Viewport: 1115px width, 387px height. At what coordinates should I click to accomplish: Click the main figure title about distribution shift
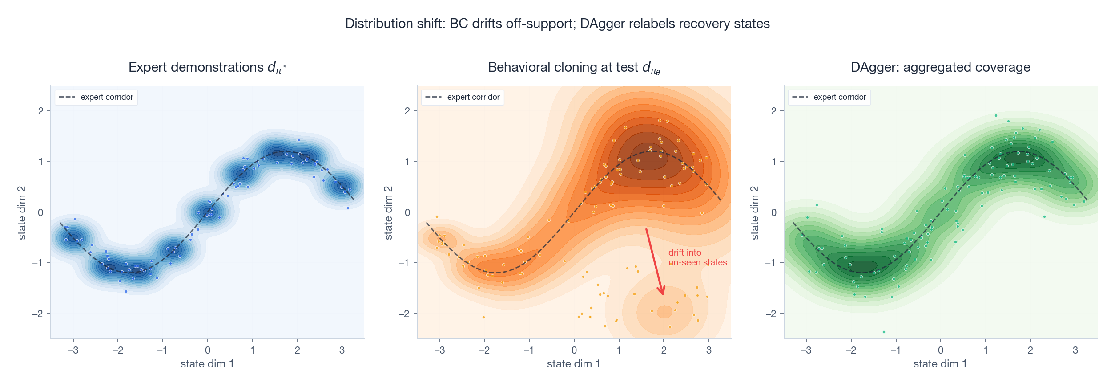(557, 24)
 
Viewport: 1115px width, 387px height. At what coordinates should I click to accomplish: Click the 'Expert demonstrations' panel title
(207, 67)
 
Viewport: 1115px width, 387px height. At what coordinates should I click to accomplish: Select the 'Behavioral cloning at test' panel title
(574, 67)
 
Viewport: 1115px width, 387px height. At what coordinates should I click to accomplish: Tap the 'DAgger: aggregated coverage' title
(940, 67)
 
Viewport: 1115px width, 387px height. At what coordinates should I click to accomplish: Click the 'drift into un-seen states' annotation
(697, 257)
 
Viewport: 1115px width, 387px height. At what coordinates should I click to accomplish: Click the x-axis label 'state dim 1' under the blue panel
(207, 364)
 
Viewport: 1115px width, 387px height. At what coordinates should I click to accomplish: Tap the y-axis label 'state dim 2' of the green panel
(755, 213)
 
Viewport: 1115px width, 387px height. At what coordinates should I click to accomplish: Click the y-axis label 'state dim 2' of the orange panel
(388, 213)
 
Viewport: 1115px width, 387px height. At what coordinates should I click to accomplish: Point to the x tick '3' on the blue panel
(342, 350)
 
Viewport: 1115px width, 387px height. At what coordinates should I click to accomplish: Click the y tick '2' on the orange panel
(407, 111)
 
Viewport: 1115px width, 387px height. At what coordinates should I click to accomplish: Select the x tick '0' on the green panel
(941, 350)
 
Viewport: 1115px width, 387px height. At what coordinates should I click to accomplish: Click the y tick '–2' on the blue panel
(38, 314)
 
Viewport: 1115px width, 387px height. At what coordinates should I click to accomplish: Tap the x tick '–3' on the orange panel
(439, 350)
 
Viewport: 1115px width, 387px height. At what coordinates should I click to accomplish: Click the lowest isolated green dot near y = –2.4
(884, 332)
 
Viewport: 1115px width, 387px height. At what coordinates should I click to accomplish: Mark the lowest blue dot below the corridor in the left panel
(126, 291)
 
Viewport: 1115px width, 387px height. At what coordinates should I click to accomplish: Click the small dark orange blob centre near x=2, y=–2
(664, 311)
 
